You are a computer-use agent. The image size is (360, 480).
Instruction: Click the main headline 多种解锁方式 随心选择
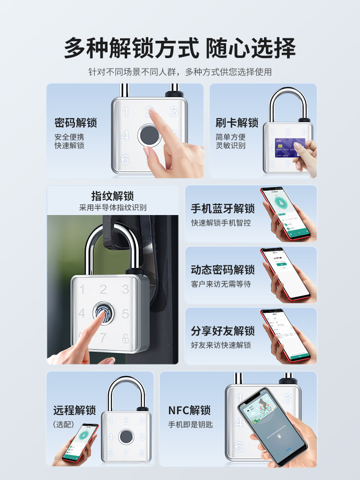click(x=180, y=48)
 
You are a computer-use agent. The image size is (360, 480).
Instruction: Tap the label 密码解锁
click(x=76, y=123)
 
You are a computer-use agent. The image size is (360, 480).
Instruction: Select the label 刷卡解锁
click(x=237, y=123)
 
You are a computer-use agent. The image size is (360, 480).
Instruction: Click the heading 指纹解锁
click(x=112, y=196)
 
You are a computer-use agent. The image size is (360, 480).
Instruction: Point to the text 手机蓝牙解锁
click(x=223, y=209)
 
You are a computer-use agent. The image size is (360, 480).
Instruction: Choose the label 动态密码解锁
click(x=223, y=270)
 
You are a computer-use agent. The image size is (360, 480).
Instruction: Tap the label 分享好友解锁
click(x=223, y=331)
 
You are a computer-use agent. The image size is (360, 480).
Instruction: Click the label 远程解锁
click(x=74, y=410)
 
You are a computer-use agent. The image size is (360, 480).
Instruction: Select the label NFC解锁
click(x=190, y=410)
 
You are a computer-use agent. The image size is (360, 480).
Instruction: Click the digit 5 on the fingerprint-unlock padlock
click(x=125, y=314)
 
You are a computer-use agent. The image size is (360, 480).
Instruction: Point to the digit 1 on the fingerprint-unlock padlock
click(x=82, y=289)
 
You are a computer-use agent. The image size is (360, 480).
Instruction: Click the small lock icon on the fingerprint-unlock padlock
click(x=125, y=337)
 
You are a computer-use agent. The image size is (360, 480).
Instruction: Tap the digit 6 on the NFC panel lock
click(x=239, y=446)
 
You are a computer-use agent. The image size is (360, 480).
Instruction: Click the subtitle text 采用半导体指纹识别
click(x=112, y=208)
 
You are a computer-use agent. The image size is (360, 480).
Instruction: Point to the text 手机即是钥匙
click(x=190, y=424)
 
